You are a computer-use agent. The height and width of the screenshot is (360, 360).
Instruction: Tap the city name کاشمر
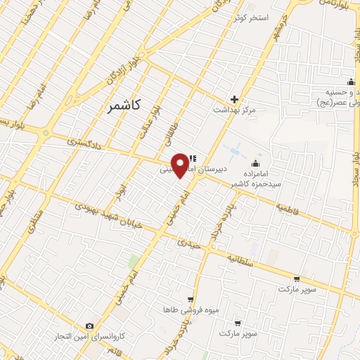pyautogui.click(x=124, y=105)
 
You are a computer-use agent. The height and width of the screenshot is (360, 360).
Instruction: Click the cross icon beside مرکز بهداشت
pyautogui.click(x=234, y=99)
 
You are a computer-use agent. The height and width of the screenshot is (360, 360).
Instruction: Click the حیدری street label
pyautogui.click(x=190, y=243)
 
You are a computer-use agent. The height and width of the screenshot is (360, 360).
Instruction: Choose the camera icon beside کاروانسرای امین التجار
pyautogui.click(x=90, y=326)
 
